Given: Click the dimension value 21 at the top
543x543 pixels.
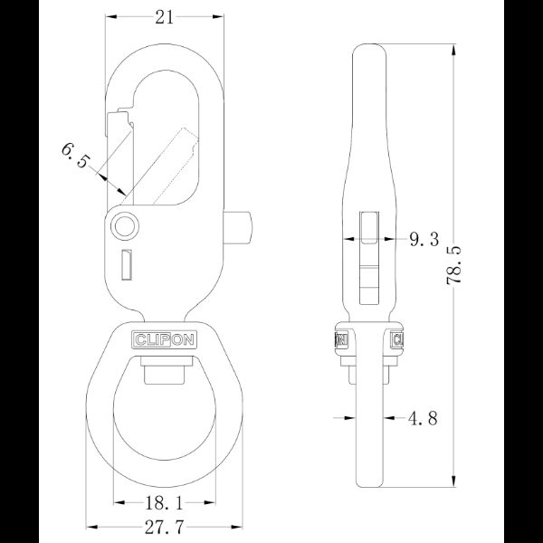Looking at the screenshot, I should [x=165, y=17].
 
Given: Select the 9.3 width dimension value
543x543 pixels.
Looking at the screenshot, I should [x=424, y=239].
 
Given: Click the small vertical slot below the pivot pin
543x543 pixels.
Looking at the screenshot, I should [x=128, y=263].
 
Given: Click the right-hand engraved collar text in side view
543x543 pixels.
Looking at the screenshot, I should [x=397, y=339].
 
